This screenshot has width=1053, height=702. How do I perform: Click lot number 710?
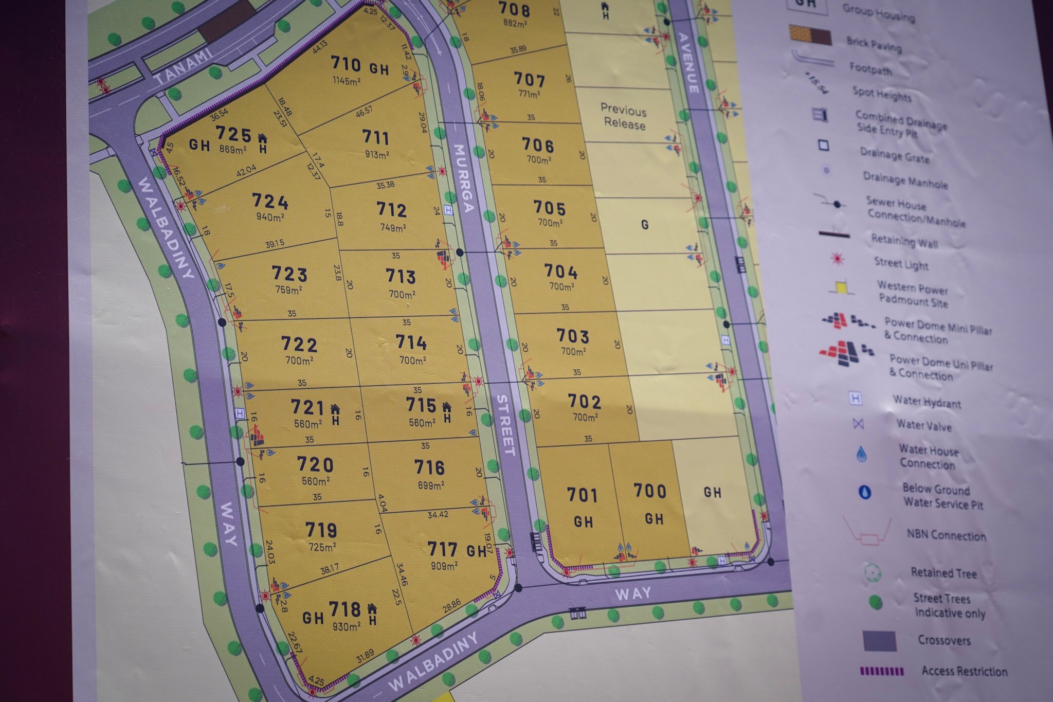click(346, 64)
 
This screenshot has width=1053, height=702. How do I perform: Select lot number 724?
click(270, 201)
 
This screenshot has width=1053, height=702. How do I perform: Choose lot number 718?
click(345, 610)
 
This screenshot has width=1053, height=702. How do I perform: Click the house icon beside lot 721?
click(335, 409)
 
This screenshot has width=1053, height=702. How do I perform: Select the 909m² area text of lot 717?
click(445, 566)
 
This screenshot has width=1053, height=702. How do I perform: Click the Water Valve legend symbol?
click(858, 424)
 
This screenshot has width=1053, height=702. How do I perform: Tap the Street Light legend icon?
click(838, 259)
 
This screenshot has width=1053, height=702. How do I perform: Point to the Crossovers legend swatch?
click(880, 641)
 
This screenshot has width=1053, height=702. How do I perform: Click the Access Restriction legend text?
click(965, 671)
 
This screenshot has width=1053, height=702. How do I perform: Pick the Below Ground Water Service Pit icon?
click(865, 492)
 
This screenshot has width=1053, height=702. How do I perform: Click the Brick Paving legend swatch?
click(810, 36)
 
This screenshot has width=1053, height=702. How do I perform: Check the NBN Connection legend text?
click(946, 536)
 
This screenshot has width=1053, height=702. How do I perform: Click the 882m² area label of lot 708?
click(514, 24)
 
